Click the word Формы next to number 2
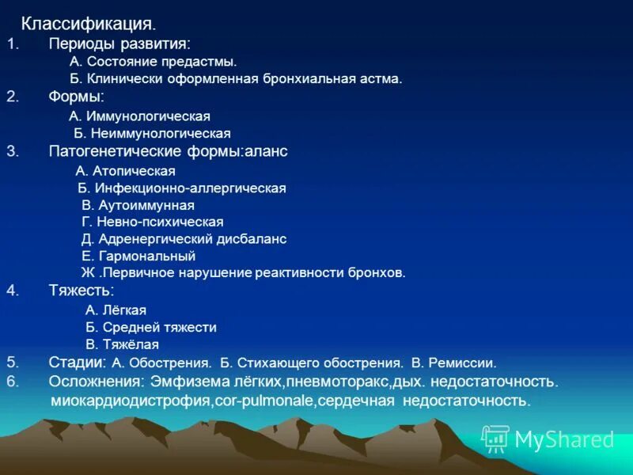(x=75, y=97)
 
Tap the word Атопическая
(x=134, y=170)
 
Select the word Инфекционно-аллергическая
(x=191, y=188)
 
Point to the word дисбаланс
(x=253, y=239)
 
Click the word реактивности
(x=300, y=273)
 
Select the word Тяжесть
(x=81, y=290)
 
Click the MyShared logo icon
(x=495, y=439)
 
